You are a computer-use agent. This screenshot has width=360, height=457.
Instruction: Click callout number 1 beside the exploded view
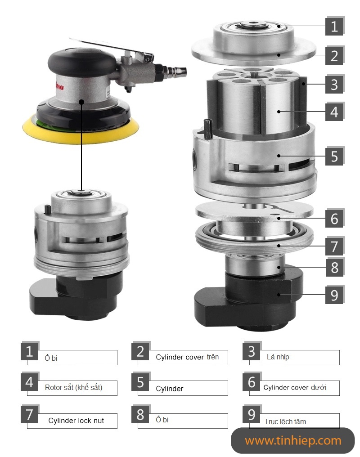pyautogui.click(x=334, y=26)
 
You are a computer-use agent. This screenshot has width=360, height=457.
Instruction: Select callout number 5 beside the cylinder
pyautogui.click(x=334, y=156)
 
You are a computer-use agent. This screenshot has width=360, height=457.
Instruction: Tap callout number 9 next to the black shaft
pyautogui.click(x=334, y=295)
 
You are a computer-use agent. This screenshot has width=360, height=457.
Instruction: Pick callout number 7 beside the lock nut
pyautogui.click(x=334, y=246)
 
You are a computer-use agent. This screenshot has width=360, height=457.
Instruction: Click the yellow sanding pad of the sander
pyautogui.click(x=81, y=129)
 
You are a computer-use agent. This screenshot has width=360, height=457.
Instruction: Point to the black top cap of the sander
pyautogui.click(x=82, y=62)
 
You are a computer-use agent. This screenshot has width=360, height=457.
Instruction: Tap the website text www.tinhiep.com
pyautogui.click(x=293, y=441)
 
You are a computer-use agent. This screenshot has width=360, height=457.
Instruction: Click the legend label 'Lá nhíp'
pyautogui.click(x=278, y=357)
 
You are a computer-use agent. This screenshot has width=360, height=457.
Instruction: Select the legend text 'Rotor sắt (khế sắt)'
pyautogui.click(x=73, y=387)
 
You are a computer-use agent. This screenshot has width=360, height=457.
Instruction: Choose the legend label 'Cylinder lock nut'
pyautogui.click(x=76, y=421)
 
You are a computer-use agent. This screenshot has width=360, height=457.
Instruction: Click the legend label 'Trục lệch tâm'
pyautogui.click(x=285, y=421)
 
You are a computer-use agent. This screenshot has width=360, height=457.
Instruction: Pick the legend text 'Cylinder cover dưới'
pyautogui.click(x=295, y=387)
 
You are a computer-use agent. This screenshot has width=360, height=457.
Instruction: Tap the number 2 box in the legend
pyautogui.click(x=140, y=351)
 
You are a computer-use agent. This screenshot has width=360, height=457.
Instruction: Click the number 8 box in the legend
pyautogui.click(x=140, y=414)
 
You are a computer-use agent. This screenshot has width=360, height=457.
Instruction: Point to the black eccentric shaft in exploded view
pyautogui.click(x=249, y=300)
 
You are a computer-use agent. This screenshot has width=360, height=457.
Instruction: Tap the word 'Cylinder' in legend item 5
pyautogui.click(x=169, y=389)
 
